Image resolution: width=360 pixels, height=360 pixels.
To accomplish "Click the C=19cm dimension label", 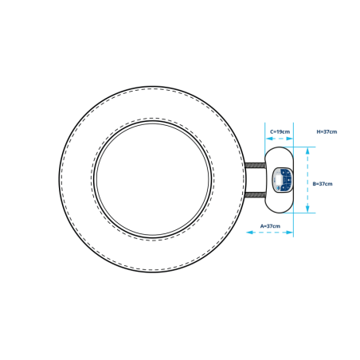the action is (x=280, y=131).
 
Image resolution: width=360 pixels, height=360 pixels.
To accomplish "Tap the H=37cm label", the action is (x=327, y=131).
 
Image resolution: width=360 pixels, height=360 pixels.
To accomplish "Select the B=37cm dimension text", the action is (x=323, y=184).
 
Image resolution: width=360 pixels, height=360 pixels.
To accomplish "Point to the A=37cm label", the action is (x=270, y=226).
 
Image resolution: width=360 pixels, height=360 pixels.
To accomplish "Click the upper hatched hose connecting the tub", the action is (x=255, y=165).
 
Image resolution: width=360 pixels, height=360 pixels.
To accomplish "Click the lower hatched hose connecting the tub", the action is (x=255, y=195).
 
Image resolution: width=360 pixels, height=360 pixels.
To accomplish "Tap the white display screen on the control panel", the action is (x=279, y=179).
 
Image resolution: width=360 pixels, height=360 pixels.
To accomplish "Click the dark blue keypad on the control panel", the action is (x=287, y=179).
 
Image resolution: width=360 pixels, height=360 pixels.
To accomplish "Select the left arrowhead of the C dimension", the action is (x=269, y=139).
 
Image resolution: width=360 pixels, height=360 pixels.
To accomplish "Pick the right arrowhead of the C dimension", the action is (x=289, y=139).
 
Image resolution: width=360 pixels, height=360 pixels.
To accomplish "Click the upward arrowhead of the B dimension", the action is (x=307, y=151).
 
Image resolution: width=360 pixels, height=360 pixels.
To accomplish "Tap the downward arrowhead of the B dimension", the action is (x=307, y=209).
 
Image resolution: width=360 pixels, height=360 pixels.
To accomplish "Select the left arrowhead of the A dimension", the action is (x=250, y=233).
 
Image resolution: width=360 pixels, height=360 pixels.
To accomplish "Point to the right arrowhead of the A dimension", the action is (x=289, y=233).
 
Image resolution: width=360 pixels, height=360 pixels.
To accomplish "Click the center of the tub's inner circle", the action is (x=153, y=179).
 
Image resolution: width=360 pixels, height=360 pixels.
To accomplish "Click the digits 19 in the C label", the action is (x=280, y=131).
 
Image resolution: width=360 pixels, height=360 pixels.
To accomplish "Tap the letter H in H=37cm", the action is (x=319, y=131).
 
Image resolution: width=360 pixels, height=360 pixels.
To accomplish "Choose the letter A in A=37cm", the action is (x=262, y=226).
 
